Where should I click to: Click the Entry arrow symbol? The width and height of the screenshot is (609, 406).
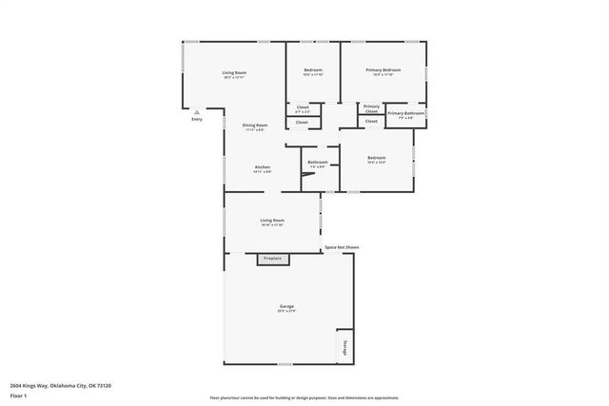(x=196, y=111)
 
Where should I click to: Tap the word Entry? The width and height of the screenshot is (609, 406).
(x=197, y=120)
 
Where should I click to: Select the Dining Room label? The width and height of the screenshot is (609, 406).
(x=255, y=126)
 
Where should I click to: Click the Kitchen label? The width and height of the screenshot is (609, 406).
(x=262, y=167)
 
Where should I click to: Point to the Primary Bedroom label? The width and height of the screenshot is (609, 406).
(x=384, y=70)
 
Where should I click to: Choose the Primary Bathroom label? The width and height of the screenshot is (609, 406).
(x=406, y=114)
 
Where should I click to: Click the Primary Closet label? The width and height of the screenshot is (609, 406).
(x=371, y=108)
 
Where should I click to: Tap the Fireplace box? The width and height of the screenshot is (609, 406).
(x=273, y=259)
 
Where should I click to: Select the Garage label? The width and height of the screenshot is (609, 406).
(x=286, y=306)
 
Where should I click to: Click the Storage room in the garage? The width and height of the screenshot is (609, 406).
(x=344, y=347)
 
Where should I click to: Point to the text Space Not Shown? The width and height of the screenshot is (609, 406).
(x=342, y=247)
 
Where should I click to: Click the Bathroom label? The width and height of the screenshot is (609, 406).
(x=317, y=162)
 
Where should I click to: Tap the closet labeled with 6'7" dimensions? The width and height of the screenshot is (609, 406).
(x=303, y=108)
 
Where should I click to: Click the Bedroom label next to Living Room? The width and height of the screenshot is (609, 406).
(x=313, y=70)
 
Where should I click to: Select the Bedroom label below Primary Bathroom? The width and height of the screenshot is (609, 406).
(x=377, y=158)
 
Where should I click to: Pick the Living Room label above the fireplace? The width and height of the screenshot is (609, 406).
(x=273, y=221)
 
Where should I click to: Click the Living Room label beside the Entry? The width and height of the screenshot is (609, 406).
(x=234, y=73)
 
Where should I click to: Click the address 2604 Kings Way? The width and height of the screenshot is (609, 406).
(x=61, y=385)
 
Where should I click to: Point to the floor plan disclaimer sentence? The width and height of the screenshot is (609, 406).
(x=304, y=398)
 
